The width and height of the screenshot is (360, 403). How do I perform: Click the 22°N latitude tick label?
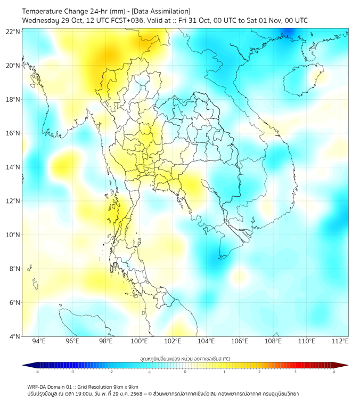tap(13, 31)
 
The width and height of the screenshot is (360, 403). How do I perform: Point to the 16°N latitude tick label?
tap(13, 133)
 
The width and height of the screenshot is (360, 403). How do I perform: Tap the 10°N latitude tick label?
tap(13, 235)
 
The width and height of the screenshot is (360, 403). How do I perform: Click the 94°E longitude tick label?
tap(39, 342)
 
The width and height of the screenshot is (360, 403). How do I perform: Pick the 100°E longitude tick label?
tap(139, 342)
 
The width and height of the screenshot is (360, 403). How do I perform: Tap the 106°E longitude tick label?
tap(240, 342)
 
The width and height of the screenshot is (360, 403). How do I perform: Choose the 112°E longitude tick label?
tap(340, 342)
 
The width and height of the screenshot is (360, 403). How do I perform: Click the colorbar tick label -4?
tap(36, 372)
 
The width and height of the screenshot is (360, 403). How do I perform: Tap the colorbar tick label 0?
tap(185, 372)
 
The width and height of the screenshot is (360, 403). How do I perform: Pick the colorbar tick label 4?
tap(333, 372)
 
